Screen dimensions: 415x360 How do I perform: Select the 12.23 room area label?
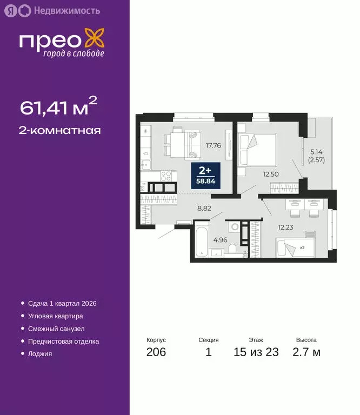click(x=286, y=227)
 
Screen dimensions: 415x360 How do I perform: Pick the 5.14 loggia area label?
click(x=316, y=156)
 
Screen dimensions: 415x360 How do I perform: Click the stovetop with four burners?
click(x=167, y=176)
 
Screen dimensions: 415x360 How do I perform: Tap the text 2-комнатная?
click(x=60, y=130)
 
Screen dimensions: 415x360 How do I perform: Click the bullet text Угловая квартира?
click(x=56, y=316)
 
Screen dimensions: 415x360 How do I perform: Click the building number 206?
click(x=156, y=352)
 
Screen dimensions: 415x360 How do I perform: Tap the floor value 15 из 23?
click(x=256, y=352)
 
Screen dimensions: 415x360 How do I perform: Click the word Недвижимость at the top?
click(x=66, y=10)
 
